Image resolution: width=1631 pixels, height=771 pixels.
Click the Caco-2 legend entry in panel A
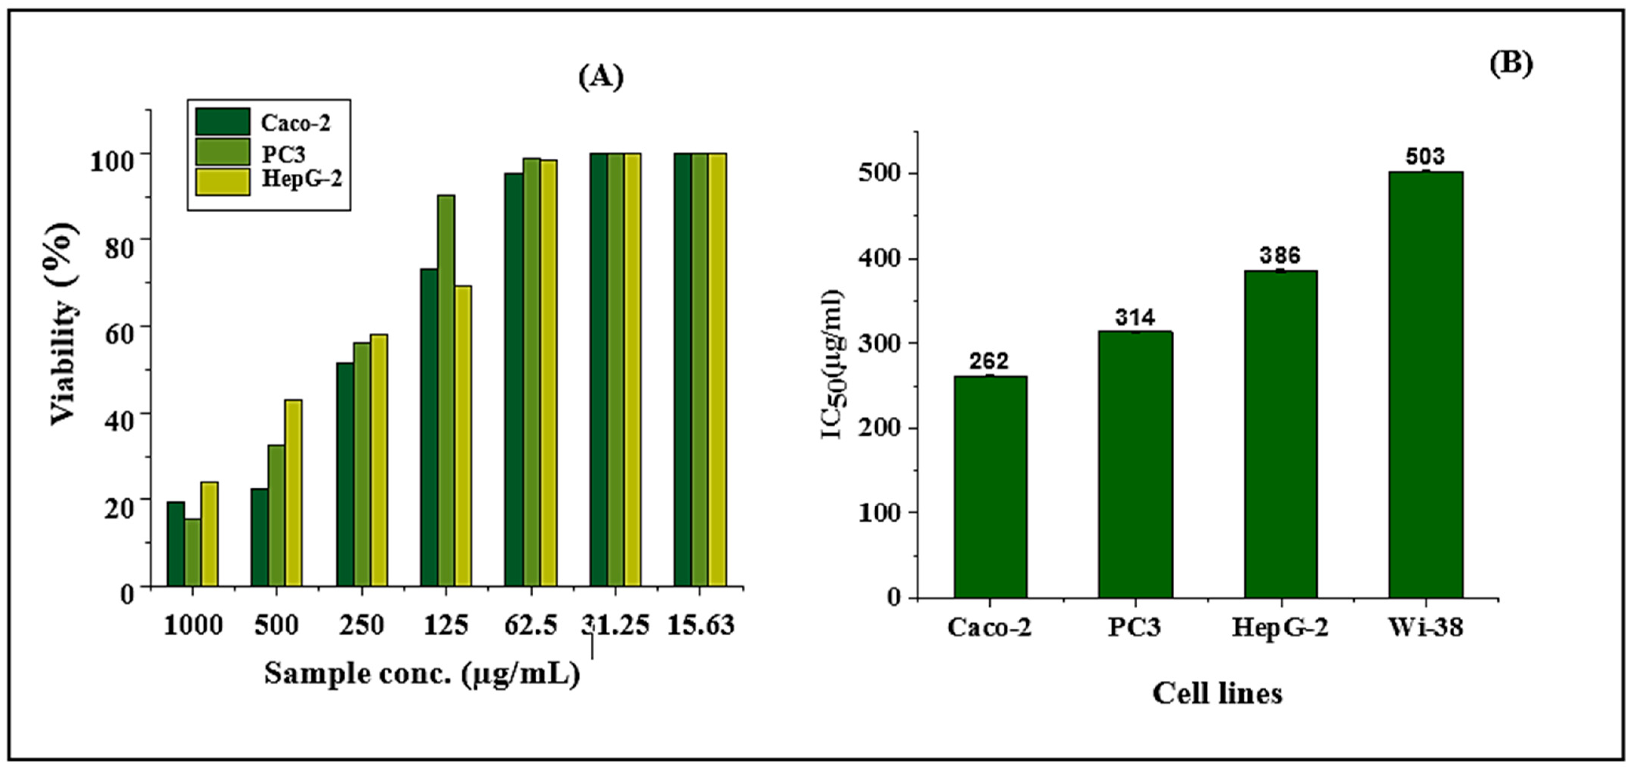(x=295, y=122)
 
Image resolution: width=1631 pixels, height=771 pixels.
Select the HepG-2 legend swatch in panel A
(x=222, y=181)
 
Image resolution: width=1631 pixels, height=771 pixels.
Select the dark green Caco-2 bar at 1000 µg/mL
(x=176, y=544)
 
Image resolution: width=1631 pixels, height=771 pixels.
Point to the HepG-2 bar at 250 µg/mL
(x=379, y=459)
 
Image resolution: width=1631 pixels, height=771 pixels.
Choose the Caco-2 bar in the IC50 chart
(x=990, y=487)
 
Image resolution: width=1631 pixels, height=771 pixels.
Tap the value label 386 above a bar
(x=1280, y=255)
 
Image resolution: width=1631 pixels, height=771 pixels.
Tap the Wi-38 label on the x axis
(x=1425, y=628)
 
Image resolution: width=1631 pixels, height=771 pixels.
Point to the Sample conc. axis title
(x=422, y=674)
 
